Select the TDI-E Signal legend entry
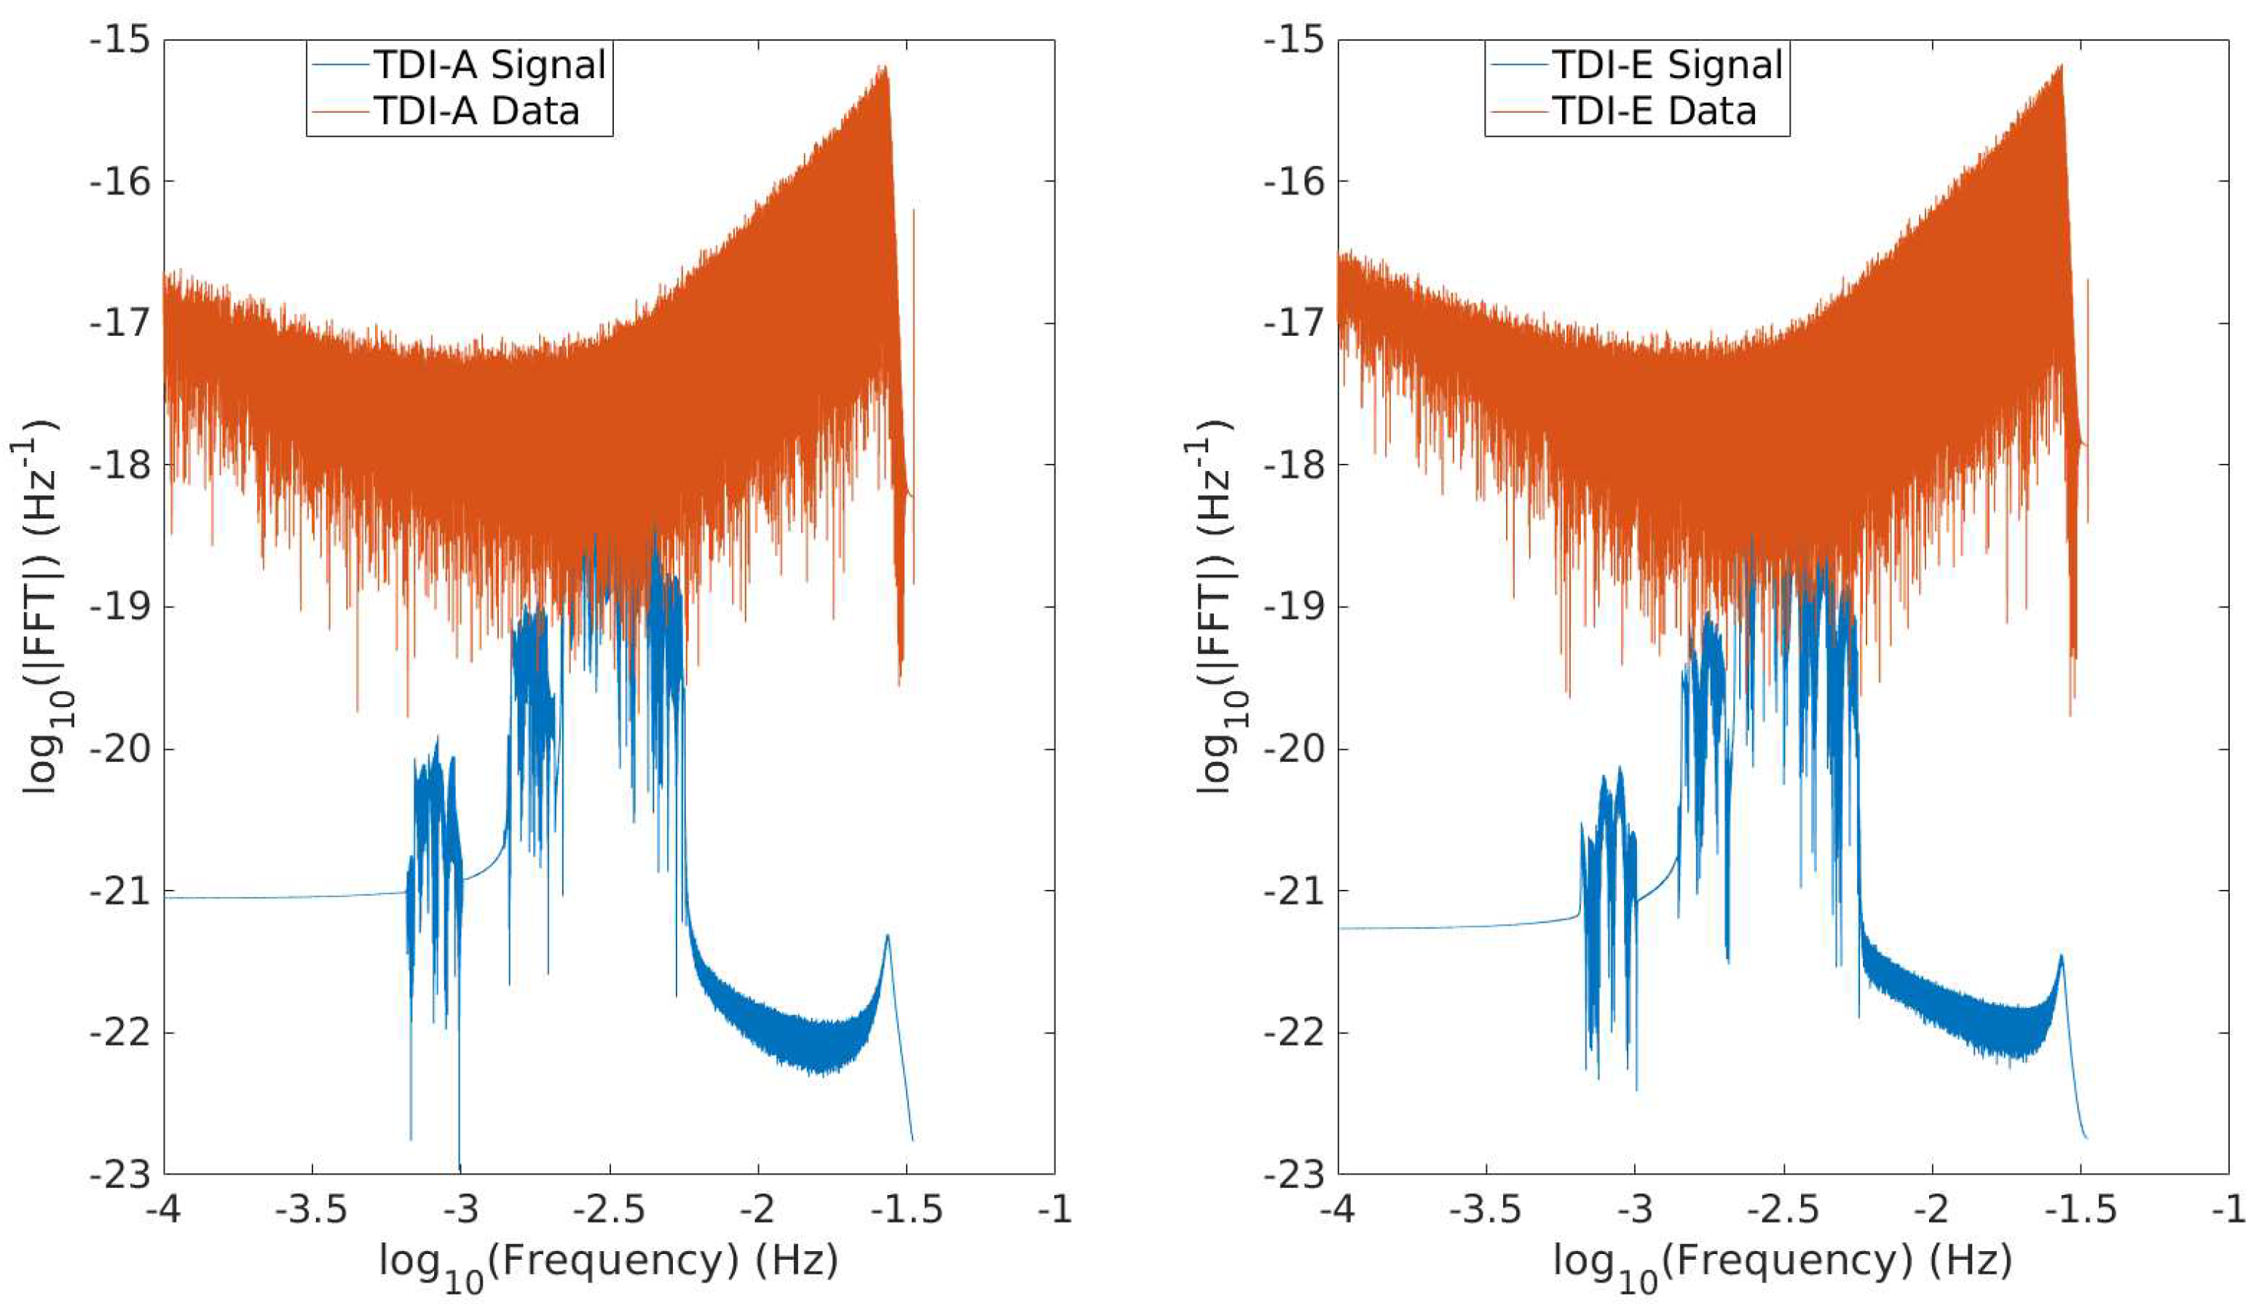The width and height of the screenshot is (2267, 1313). pyautogui.click(x=1666, y=65)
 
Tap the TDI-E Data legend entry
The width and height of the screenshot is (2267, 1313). pyautogui.click(x=1654, y=111)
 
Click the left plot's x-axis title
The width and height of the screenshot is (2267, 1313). pyautogui.click(x=608, y=1263)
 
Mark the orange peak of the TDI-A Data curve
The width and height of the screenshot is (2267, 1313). pyautogui.click(x=886, y=68)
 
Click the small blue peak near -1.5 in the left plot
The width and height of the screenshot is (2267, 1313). pyautogui.click(x=887, y=937)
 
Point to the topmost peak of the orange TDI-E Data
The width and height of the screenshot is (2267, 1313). pyautogui.click(x=2060, y=66)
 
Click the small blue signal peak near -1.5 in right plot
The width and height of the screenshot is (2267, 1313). pyautogui.click(x=2061, y=957)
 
